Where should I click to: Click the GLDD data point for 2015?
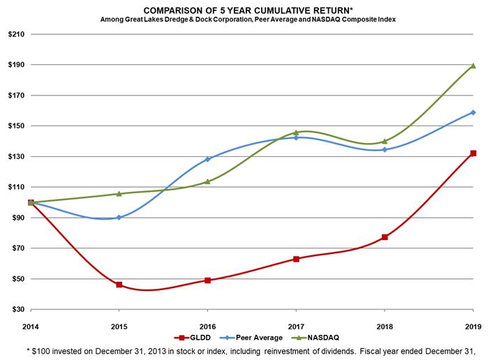119,285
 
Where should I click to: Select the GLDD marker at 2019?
473,153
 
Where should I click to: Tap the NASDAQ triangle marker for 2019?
473,66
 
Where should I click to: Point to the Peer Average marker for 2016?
207,159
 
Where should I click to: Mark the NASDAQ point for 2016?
207,181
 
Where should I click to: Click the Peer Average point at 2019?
473,112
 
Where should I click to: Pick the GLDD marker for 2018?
385,237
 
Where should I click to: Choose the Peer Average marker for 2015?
119,218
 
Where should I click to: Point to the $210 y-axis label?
15,34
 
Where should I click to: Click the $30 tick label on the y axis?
17,310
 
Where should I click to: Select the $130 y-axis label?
15,157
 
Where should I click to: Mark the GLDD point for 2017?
296,259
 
